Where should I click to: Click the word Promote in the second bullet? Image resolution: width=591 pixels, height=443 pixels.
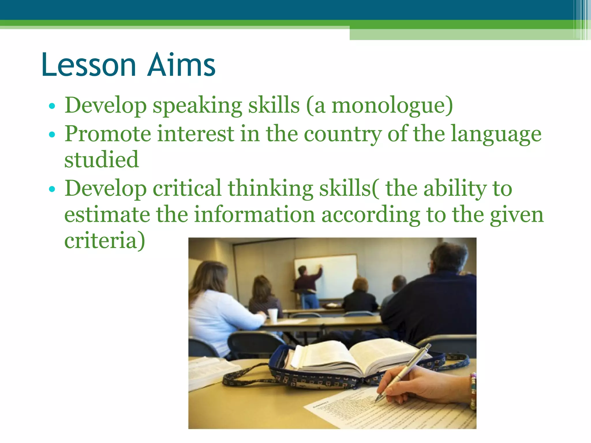[x=108, y=134]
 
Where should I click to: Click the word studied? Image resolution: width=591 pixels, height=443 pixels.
[x=101, y=159]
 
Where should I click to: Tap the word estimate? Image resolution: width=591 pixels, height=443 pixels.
[x=107, y=215]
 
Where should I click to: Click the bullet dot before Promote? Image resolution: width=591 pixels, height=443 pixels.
[x=52, y=134]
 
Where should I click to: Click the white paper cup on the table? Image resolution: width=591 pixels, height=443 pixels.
[x=273, y=315]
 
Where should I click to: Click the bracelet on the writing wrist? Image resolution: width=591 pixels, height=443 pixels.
[x=472, y=391]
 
